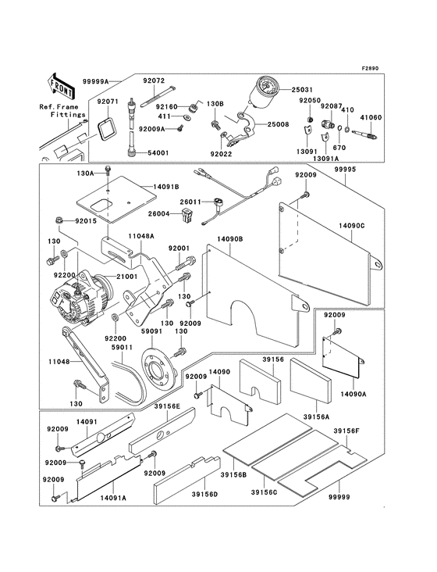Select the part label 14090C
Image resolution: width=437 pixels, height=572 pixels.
(351, 224)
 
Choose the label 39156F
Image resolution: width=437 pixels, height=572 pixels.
(346, 431)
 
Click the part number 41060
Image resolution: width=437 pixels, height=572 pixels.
(371, 118)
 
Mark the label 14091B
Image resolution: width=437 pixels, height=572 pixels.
(166, 188)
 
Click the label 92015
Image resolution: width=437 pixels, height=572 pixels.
(85, 222)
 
